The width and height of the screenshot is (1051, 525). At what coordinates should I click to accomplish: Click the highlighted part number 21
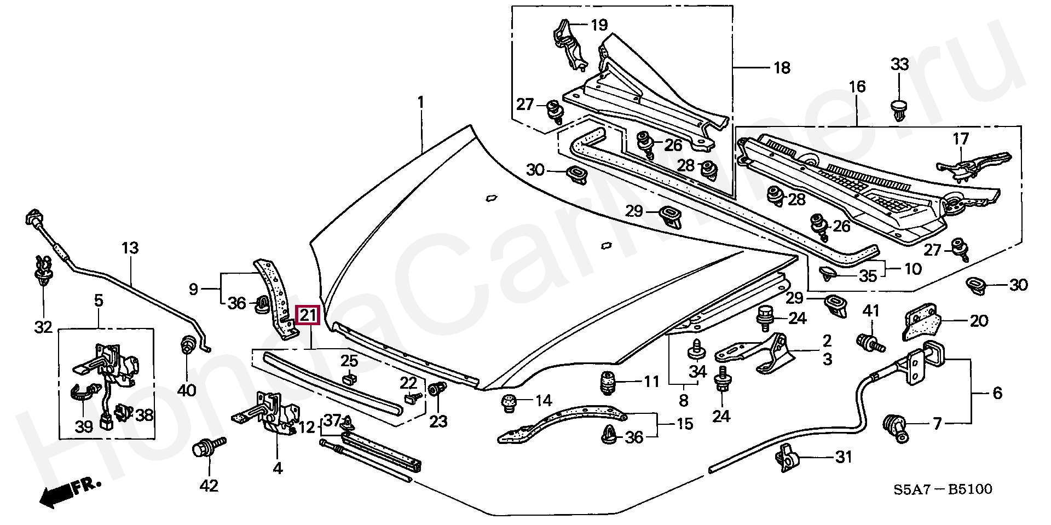(307, 315)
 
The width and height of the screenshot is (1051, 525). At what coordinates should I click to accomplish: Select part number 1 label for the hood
(420, 102)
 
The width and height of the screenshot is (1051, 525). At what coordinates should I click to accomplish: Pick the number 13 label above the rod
(130, 248)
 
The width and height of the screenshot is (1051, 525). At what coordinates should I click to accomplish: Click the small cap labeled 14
(510, 403)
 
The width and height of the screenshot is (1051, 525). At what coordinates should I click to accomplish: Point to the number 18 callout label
(782, 68)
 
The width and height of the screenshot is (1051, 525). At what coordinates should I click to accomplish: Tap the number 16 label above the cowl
(857, 86)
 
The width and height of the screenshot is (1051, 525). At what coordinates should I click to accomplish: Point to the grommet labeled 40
(188, 345)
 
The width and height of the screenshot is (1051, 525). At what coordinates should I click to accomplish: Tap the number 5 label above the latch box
(99, 300)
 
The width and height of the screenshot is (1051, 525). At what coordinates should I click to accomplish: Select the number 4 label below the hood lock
(278, 468)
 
